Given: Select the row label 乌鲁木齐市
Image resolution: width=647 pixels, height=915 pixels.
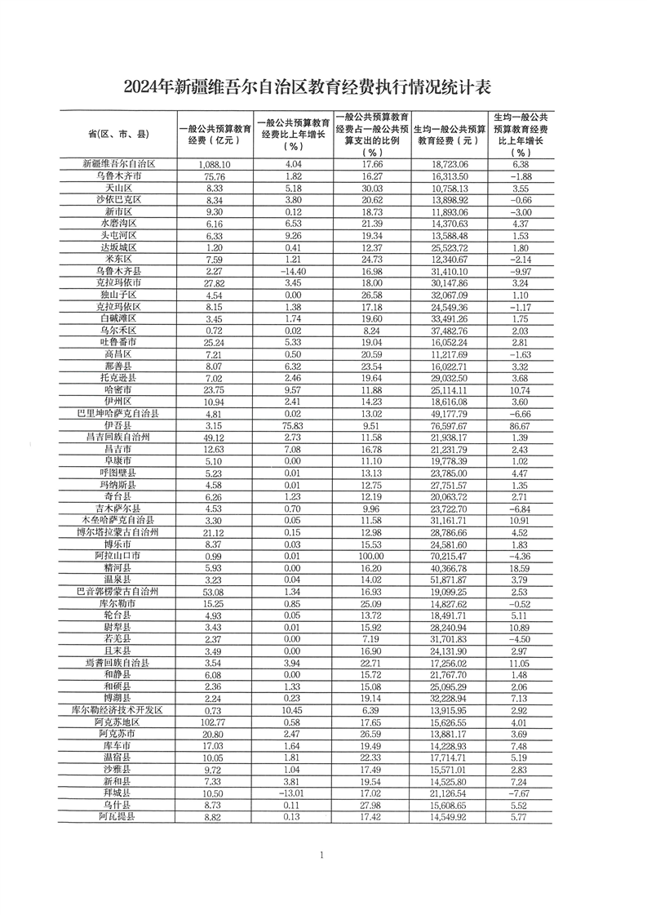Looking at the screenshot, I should (117, 175).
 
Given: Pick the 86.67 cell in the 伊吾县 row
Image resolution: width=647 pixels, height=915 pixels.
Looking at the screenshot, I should (518, 425).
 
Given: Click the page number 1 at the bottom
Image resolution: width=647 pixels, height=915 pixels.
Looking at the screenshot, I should (323, 877).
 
